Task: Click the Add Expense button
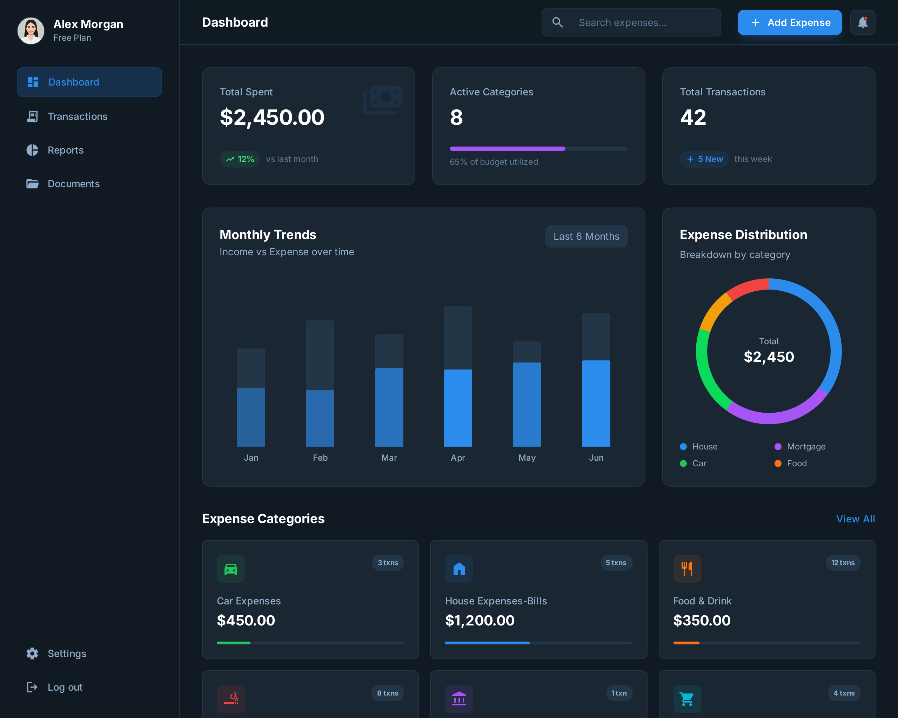pos(789,22)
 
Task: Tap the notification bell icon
pos(862,22)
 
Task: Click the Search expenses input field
pos(637,22)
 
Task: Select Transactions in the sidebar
pos(78,116)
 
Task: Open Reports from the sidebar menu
pos(65,150)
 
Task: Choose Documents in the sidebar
pos(73,184)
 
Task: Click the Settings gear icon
pos(32,653)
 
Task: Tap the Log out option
pos(65,687)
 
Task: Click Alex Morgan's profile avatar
pos(31,31)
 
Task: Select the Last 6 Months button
pos(586,236)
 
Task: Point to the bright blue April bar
pos(458,408)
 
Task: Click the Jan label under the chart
pos(251,458)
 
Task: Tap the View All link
pos(855,519)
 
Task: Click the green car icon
pos(231,569)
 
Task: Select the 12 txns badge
pos(843,563)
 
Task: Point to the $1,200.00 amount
pos(480,621)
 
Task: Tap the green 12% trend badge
pos(240,159)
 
